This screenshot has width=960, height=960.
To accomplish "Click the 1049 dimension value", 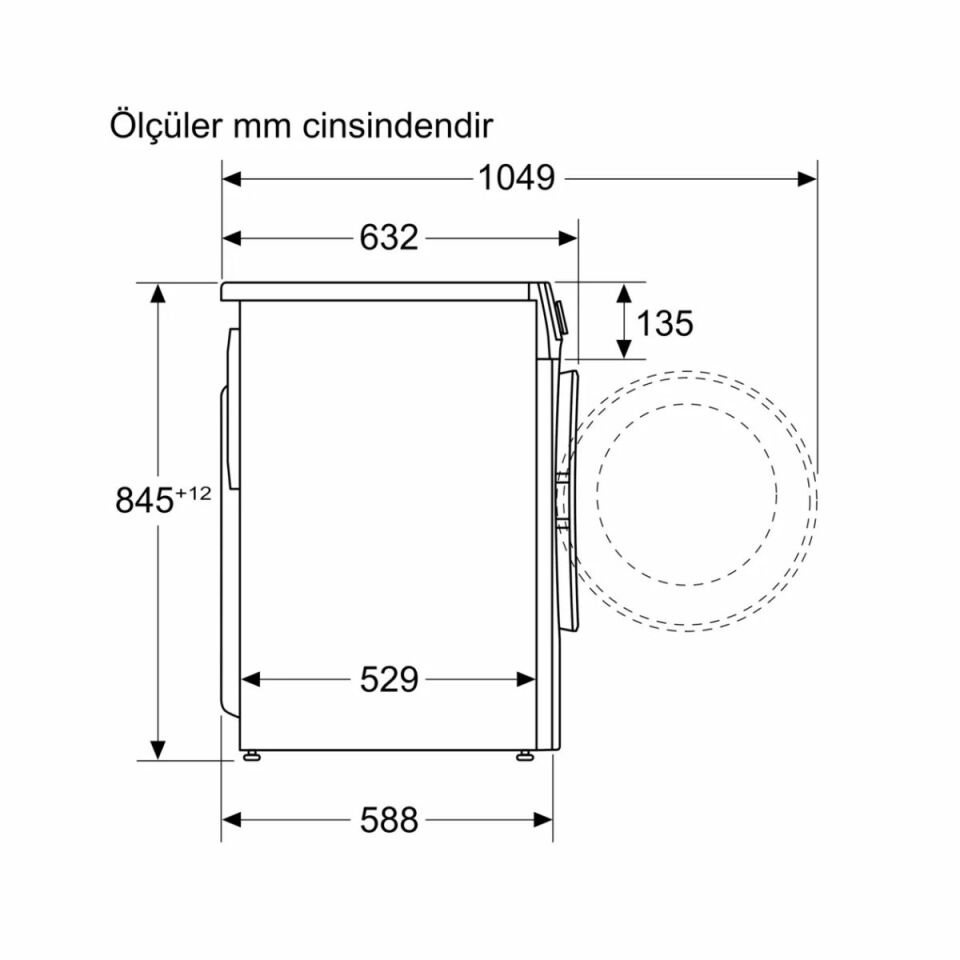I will [515, 178].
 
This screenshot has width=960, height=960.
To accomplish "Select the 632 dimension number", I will [388, 238].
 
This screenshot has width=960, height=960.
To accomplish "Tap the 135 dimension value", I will [664, 323].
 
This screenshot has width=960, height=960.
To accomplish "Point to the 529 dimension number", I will [388, 680].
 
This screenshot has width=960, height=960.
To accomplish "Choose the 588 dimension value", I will [388, 821].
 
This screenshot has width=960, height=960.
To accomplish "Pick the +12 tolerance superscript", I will [195, 491].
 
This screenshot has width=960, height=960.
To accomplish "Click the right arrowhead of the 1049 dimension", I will [808, 178].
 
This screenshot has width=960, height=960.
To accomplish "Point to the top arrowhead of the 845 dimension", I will [158, 293].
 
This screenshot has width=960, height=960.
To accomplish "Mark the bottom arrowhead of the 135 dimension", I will [624, 349].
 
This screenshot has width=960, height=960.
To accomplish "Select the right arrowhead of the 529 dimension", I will [526, 680].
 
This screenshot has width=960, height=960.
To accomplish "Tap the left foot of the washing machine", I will [250, 756].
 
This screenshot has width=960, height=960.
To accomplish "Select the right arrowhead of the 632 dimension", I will [569, 238].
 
